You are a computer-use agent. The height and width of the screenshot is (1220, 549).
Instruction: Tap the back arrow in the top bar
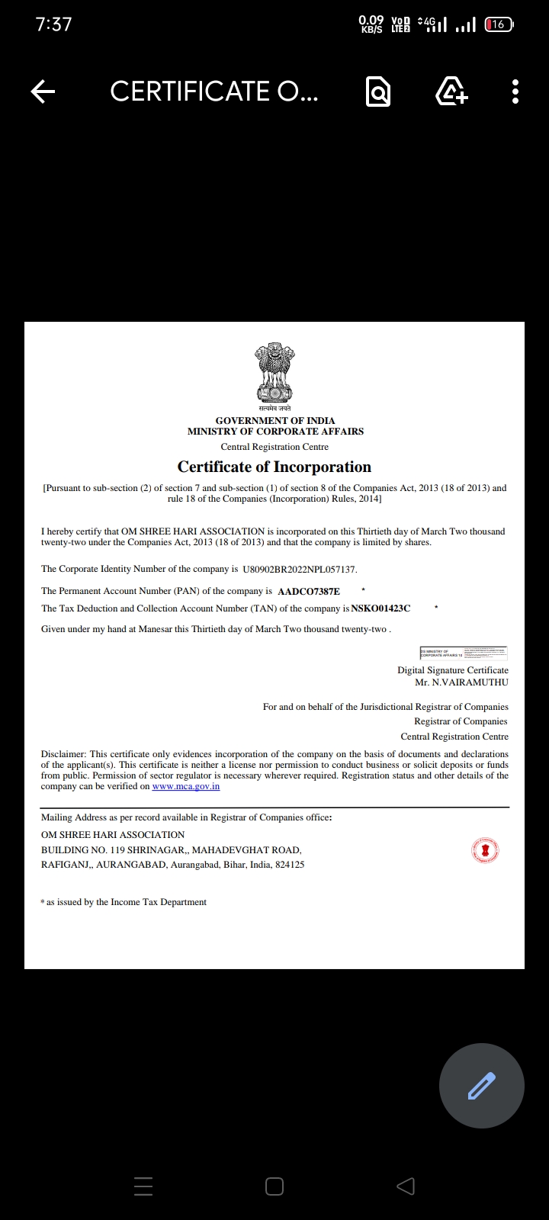(43, 92)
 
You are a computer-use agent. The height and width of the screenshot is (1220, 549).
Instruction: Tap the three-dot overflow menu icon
(515, 91)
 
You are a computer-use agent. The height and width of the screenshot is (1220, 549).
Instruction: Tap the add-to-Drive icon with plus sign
(451, 91)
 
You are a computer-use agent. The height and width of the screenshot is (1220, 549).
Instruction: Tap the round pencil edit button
(481, 1085)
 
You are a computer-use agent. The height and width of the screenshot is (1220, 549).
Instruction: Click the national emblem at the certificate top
(274, 374)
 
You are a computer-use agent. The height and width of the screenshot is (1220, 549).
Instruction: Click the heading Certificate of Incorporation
(274, 467)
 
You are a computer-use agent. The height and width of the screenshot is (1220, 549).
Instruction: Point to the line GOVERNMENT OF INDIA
(275, 420)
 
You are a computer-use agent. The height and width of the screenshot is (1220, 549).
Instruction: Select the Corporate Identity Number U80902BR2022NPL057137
(299, 570)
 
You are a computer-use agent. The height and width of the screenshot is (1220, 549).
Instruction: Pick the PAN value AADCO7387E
(309, 591)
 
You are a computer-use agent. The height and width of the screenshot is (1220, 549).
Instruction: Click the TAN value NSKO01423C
(380, 608)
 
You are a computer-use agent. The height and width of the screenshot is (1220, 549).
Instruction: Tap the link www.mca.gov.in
(186, 786)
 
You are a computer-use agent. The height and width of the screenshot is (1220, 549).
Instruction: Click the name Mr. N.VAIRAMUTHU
(461, 682)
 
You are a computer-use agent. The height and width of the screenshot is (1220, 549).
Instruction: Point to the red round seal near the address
(484, 850)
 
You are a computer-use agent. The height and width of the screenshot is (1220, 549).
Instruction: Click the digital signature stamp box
(463, 653)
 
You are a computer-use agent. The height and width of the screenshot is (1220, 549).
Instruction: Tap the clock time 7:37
(53, 24)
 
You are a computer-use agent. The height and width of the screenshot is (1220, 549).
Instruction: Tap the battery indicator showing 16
(499, 24)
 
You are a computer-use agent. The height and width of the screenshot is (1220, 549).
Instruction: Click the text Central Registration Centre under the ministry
(274, 447)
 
